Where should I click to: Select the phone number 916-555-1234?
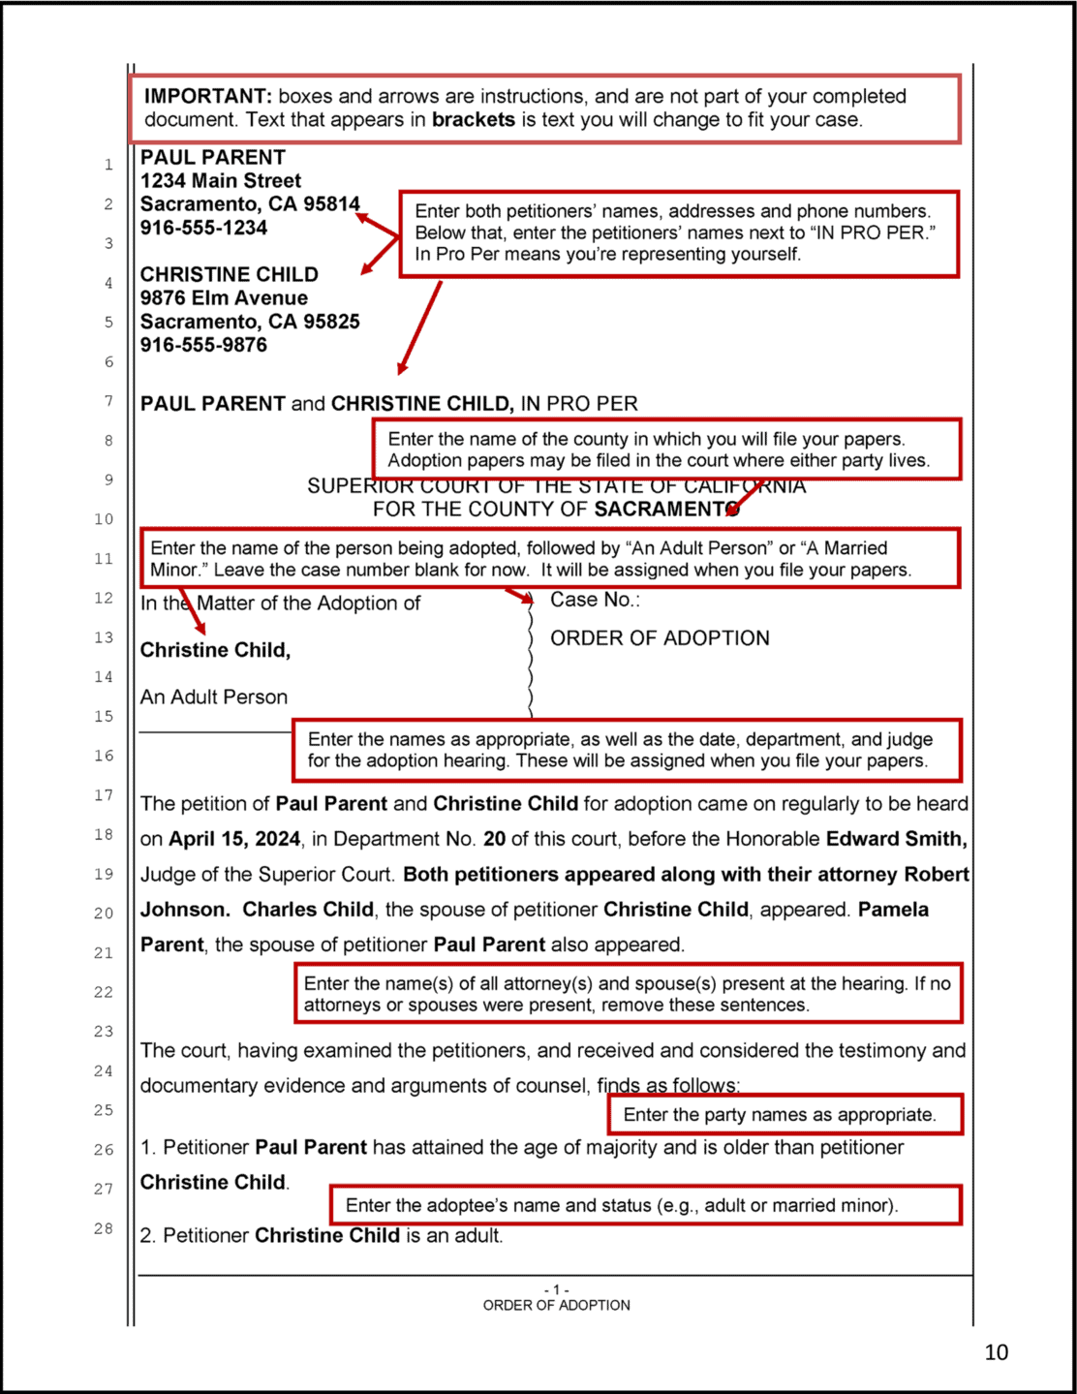[x=203, y=228]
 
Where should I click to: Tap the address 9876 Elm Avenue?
[x=224, y=298]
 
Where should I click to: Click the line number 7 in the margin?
[x=108, y=401]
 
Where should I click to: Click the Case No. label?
[x=595, y=600]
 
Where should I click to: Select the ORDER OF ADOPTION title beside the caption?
[x=660, y=638]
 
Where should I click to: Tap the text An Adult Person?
[x=214, y=697]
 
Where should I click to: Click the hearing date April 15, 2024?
[x=234, y=839]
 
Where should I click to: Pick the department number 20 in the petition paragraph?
[x=495, y=839]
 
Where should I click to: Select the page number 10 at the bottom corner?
[x=996, y=1352]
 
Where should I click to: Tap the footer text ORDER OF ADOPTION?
[x=556, y=1306]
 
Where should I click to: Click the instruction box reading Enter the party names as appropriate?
[x=785, y=1114]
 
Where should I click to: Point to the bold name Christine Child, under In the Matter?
[x=215, y=650]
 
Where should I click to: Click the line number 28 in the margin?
[x=104, y=1228]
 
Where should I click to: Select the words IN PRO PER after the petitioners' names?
[x=579, y=404]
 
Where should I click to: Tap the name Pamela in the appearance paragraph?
[x=892, y=910]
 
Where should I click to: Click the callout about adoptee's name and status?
[x=645, y=1205]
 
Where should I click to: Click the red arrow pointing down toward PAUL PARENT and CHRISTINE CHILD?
[x=419, y=327]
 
